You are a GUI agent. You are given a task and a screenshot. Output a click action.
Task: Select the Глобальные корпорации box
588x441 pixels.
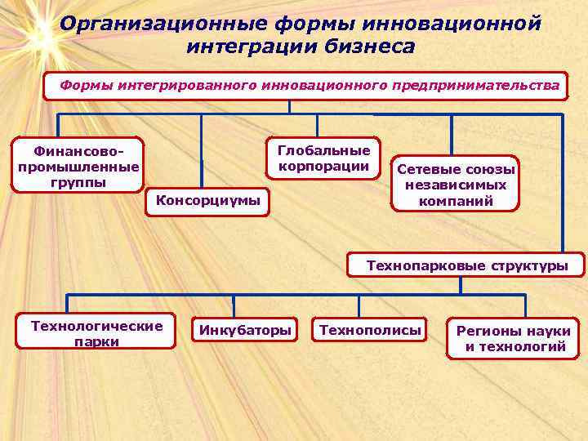[323, 158]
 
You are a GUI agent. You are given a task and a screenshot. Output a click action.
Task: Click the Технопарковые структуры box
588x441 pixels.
[467, 265]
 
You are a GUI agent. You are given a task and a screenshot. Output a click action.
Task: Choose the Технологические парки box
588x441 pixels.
[96, 333]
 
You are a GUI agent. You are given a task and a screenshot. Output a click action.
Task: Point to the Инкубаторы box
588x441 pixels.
[243, 331]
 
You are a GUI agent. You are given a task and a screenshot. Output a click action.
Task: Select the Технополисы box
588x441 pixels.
[371, 331]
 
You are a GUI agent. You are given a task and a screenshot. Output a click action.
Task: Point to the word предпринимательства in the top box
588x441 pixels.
[476, 85]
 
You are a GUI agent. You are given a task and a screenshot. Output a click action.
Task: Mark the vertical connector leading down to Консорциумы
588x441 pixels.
[202, 151]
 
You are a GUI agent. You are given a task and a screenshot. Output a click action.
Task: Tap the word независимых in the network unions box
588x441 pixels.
[456, 185]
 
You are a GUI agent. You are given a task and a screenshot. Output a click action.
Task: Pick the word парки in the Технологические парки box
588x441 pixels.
[96, 342]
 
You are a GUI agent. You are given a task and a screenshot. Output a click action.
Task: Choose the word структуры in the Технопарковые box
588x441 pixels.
[530, 265]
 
